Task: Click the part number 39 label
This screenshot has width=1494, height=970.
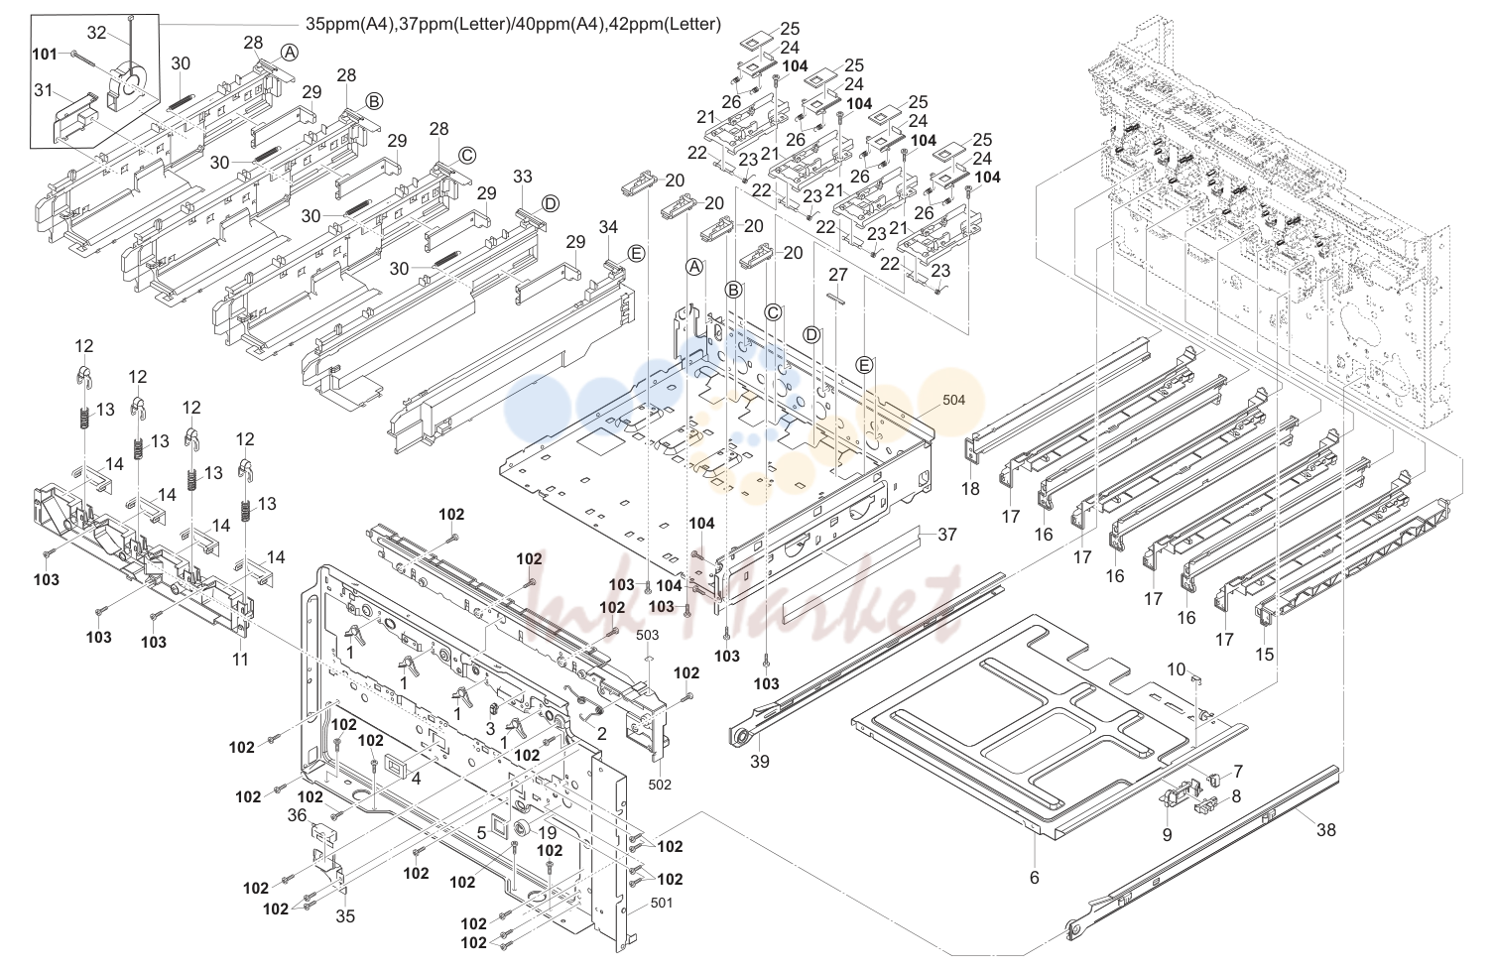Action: coord(760,761)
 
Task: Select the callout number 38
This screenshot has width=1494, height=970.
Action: coord(1326,829)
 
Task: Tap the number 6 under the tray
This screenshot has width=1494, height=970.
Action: coord(1035,878)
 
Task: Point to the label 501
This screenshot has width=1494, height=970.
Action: coord(661,903)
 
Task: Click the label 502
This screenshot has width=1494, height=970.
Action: coord(660,785)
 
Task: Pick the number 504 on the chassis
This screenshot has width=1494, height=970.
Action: coord(953,400)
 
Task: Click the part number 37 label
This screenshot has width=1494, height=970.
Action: coord(947,534)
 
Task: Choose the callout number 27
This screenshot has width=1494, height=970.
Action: coord(837,273)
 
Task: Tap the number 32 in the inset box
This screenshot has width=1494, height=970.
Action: coord(96,33)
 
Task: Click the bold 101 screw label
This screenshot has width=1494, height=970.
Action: coord(45,54)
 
